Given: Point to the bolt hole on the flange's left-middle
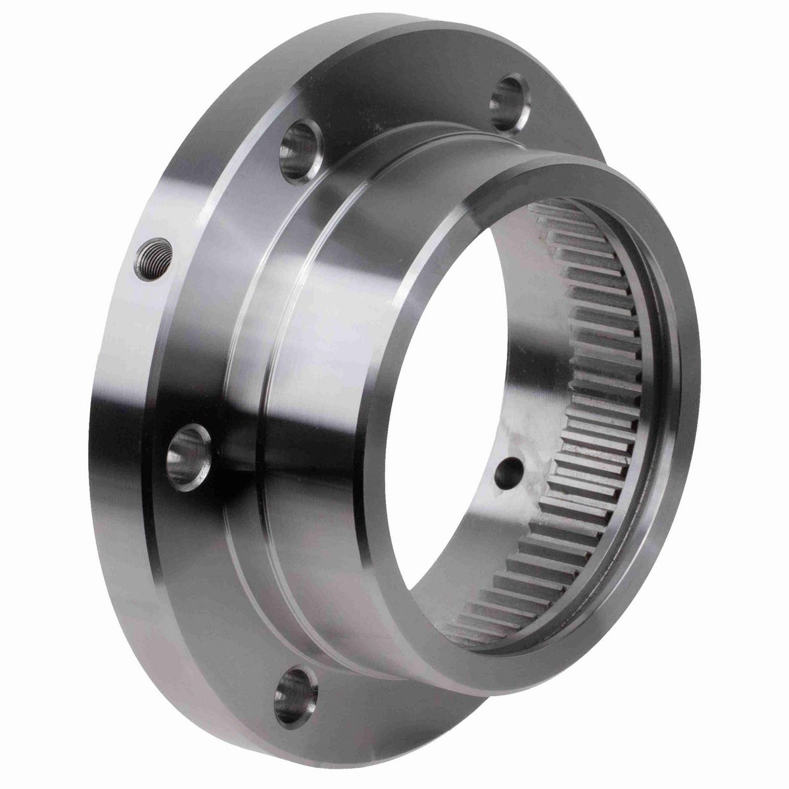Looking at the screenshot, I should [191, 450].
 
